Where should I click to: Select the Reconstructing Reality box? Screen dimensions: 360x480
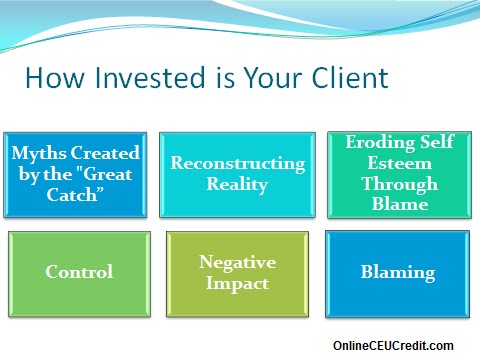(237, 172)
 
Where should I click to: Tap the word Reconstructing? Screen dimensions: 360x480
(237, 162)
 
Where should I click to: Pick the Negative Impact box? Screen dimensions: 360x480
(237, 272)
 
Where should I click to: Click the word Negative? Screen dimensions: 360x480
(237, 262)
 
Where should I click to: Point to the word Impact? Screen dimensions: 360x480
(237, 282)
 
